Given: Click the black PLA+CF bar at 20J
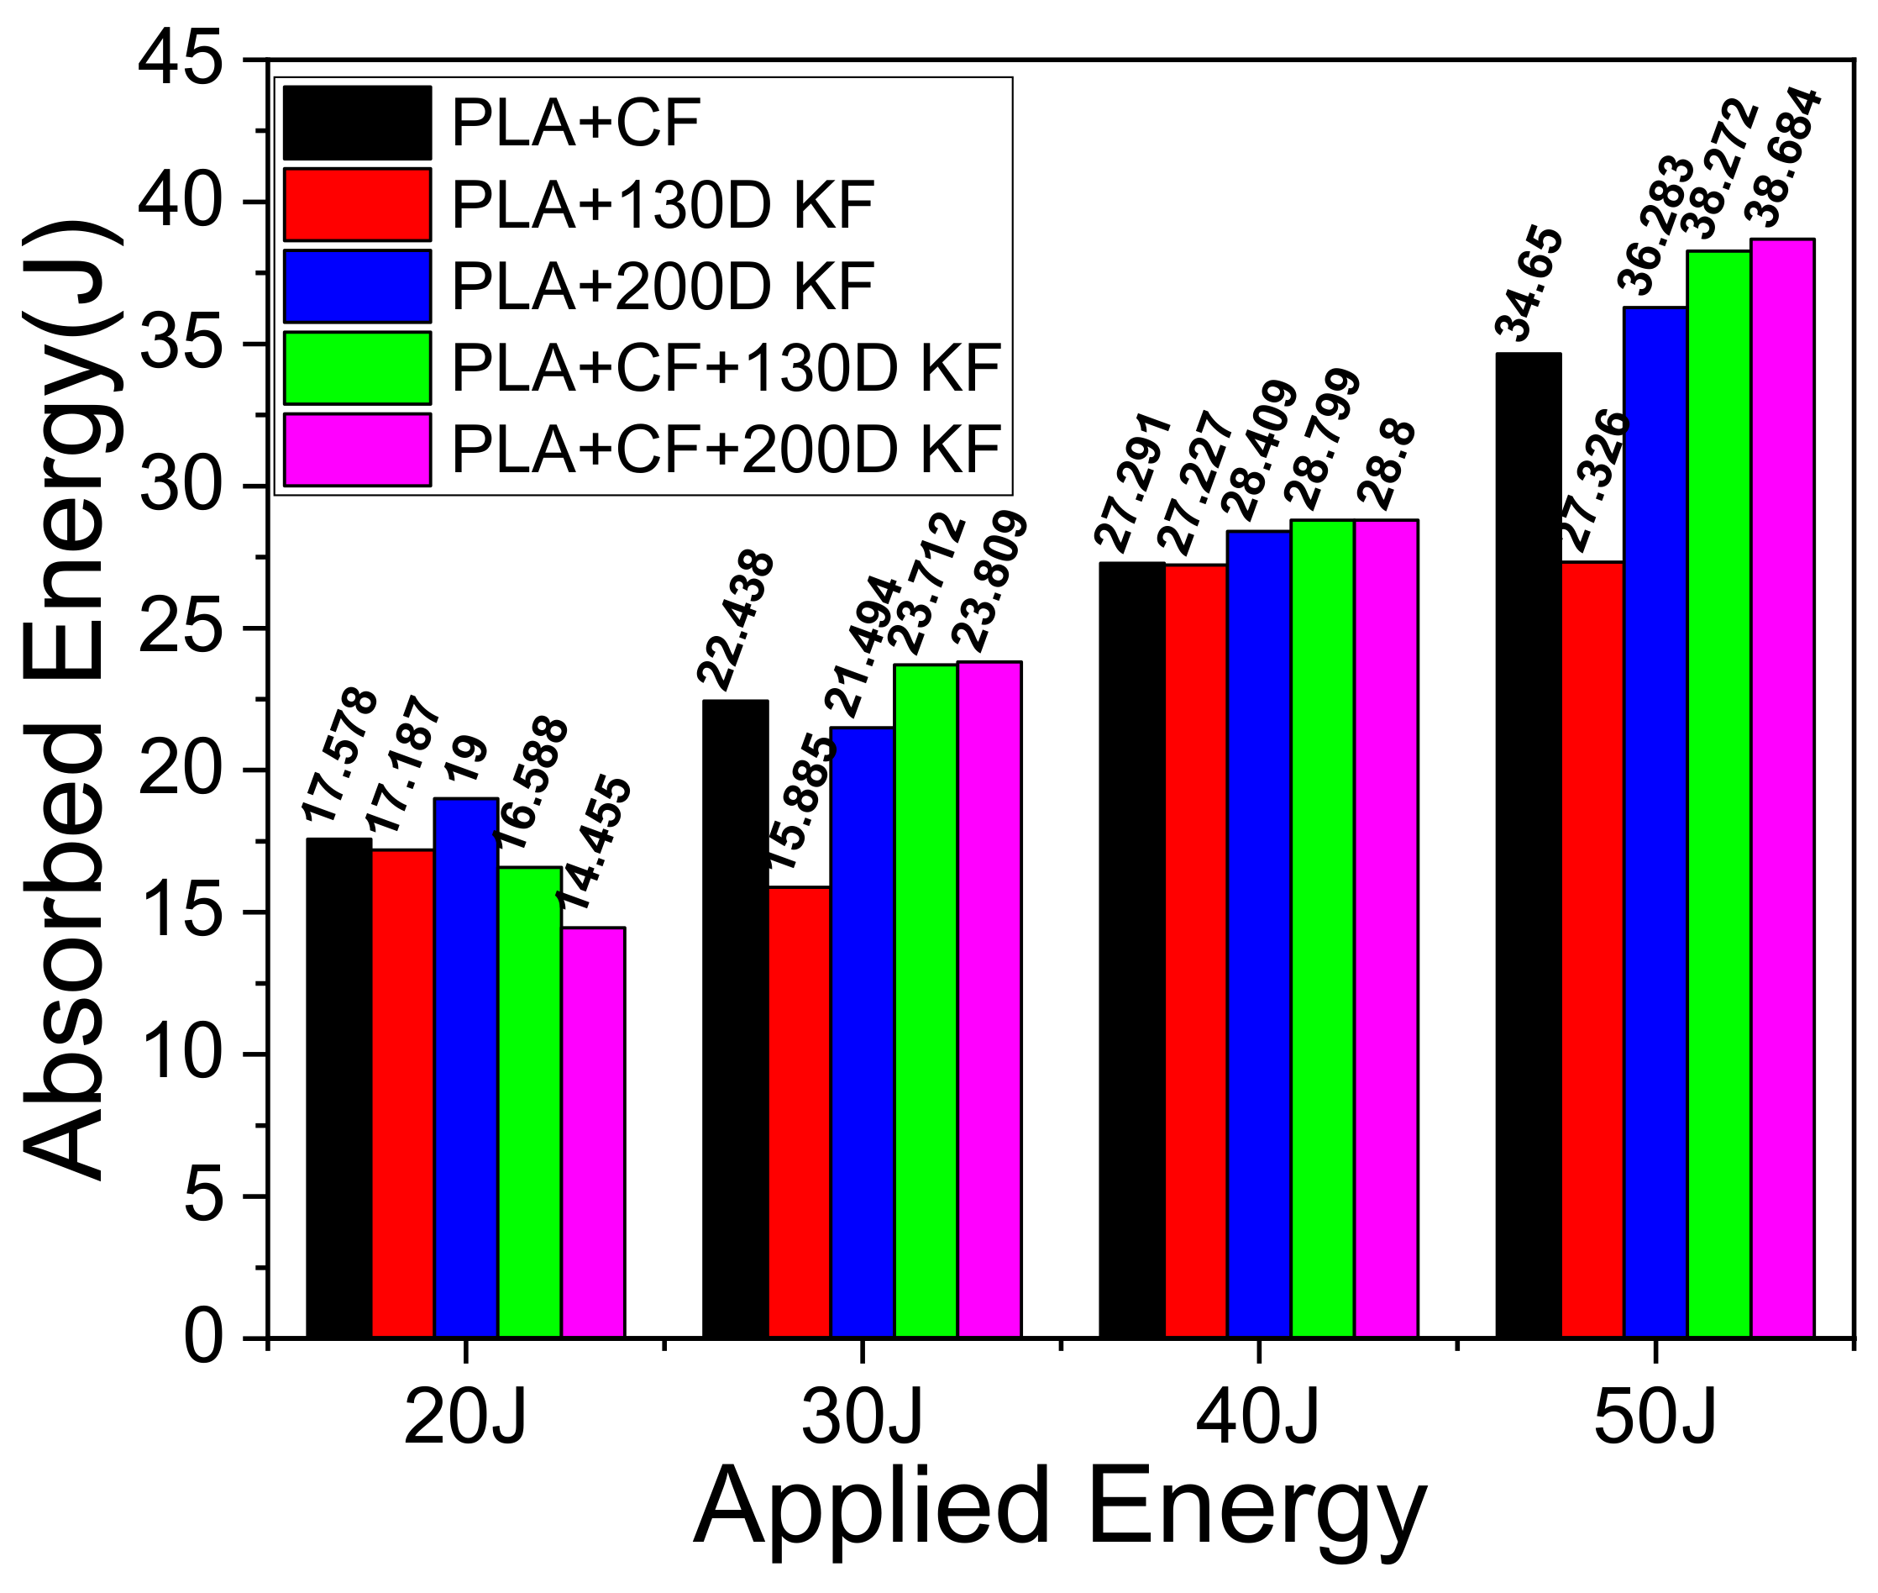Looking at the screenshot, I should (x=338, y=1088).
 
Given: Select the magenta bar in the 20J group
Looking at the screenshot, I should (x=593, y=1133).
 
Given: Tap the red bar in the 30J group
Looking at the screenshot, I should (x=799, y=1112).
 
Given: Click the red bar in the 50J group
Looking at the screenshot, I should (x=1592, y=949).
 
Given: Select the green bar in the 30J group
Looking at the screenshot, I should (x=926, y=1001).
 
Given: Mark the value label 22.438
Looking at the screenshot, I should (x=736, y=618).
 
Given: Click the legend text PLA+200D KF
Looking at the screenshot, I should (x=662, y=287).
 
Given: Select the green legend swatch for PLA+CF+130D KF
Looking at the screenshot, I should (x=357, y=367).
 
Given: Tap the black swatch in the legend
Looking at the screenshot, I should (x=357, y=123).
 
